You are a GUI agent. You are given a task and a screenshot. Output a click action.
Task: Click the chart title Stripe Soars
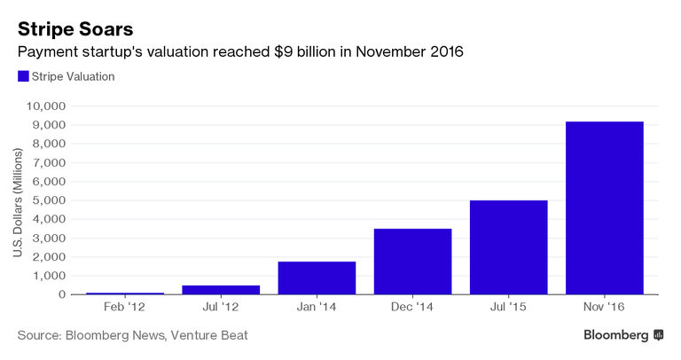[x=75, y=27]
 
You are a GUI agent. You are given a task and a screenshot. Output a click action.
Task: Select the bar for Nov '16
[x=604, y=207]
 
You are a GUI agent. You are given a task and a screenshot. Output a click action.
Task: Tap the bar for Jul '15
[x=508, y=247]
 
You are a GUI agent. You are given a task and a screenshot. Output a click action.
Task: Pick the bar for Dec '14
[x=412, y=261]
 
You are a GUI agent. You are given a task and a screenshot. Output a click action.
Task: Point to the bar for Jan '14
[x=317, y=278]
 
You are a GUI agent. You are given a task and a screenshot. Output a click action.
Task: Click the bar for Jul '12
[x=221, y=289]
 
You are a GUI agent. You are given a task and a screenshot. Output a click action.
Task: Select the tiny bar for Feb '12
[x=125, y=293]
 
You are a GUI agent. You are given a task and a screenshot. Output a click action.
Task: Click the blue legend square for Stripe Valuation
[x=23, y=76]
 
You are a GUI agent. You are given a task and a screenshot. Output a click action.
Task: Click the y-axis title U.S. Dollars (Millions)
[x=19, y=200]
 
